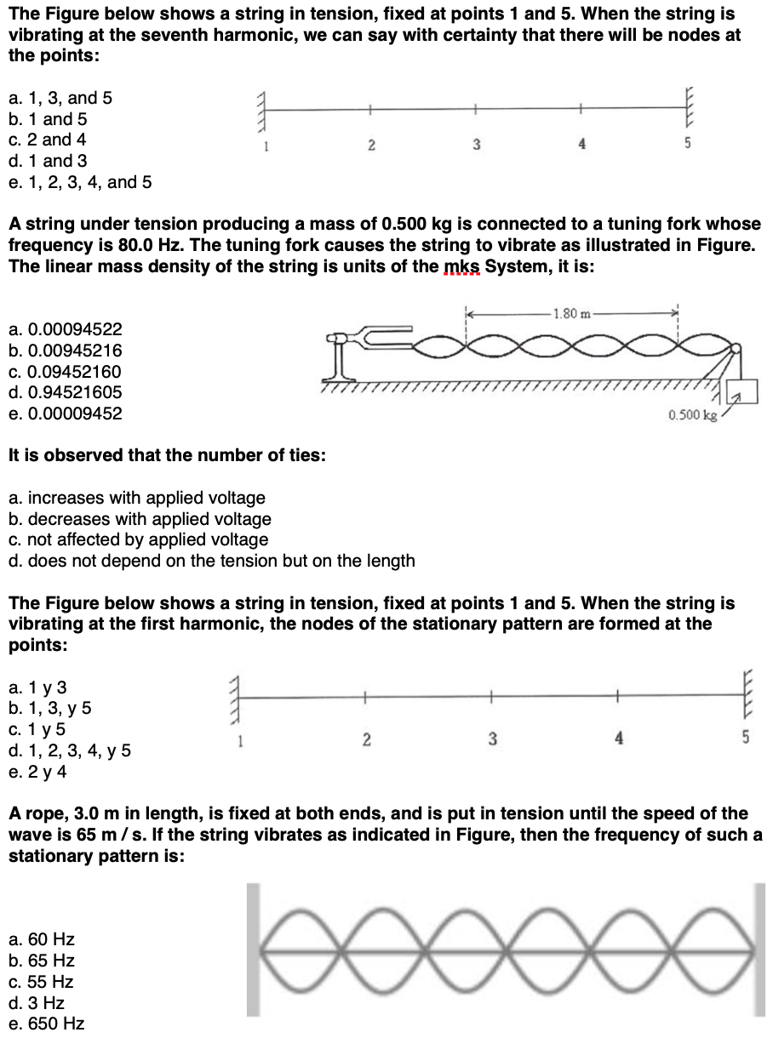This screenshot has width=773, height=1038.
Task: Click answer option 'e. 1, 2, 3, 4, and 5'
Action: point(80,182)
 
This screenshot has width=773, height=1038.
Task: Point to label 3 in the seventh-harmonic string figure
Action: point(475,144)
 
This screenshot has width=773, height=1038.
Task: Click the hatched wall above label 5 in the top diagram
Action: point(690,109)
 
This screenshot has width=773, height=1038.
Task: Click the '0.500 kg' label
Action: point(693,415)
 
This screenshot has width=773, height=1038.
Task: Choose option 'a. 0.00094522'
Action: point(65,329)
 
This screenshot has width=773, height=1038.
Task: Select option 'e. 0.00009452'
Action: point(65,413)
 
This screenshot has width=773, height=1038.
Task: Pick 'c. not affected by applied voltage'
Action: point(138,539)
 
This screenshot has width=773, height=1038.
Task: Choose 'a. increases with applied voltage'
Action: point(136,498)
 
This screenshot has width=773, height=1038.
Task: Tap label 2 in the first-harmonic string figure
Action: point(364,738)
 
